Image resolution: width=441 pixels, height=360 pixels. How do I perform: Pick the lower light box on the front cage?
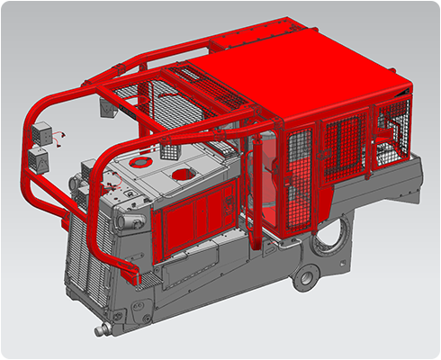click(x=40, y=162)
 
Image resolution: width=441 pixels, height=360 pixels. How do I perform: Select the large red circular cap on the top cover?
click(x=183, y=173)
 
